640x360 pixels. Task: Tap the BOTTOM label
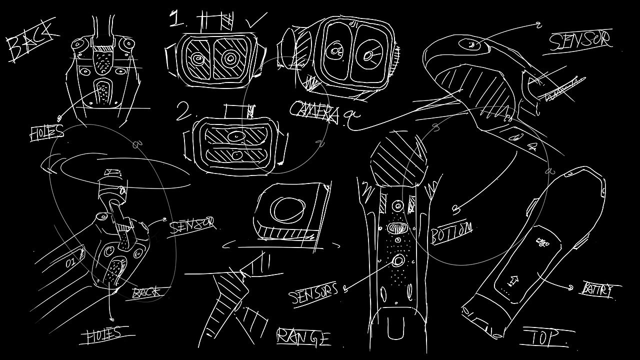pos(451,232)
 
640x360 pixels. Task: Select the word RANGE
pos(303,337)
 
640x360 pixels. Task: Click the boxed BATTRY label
pos(597,290)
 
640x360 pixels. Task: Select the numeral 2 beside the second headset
pos(183,111)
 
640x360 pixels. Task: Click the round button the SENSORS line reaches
pos(398,260)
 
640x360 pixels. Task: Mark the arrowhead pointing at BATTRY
pos(571,287)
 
